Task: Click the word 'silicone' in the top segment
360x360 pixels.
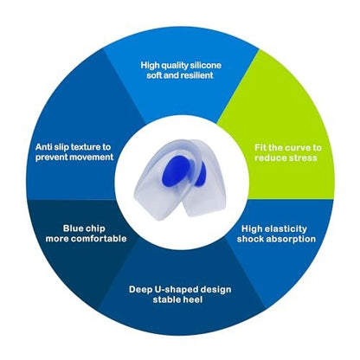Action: (x=205, y=65)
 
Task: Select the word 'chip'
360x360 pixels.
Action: (x=94, y=228)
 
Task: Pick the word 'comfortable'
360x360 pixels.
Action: (x=99, y=239)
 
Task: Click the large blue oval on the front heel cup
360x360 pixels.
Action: (x=175, y=171)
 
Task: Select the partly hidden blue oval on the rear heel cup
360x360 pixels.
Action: (x=201, y=174)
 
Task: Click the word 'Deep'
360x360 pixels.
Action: (x=140, y=290)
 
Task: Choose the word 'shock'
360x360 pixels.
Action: (x=250, y=239)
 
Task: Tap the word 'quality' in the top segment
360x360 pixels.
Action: (x=174, y=66)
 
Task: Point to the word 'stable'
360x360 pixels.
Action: (x=166, y=299)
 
